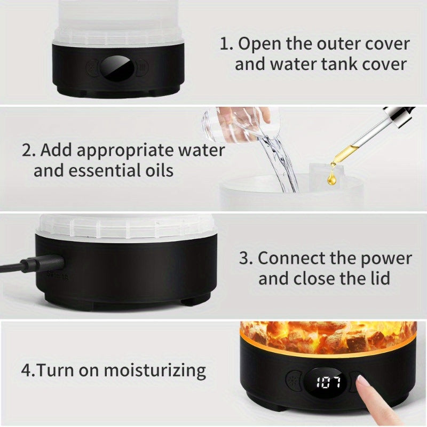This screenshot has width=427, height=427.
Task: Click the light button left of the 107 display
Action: click(294, 382)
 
